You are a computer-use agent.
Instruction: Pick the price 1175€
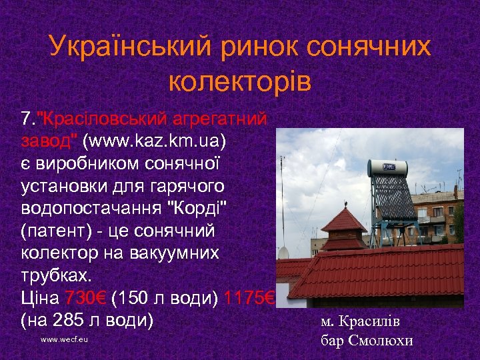point(246,296)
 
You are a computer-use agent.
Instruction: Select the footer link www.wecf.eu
point(64,339)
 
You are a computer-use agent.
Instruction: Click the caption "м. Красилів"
point(360,321)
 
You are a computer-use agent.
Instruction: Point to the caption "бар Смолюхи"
point(367,340)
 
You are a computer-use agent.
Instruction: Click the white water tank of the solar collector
point(387,166)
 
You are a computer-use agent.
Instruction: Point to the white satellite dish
point(283,252)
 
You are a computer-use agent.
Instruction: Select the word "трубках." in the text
point(53,274)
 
